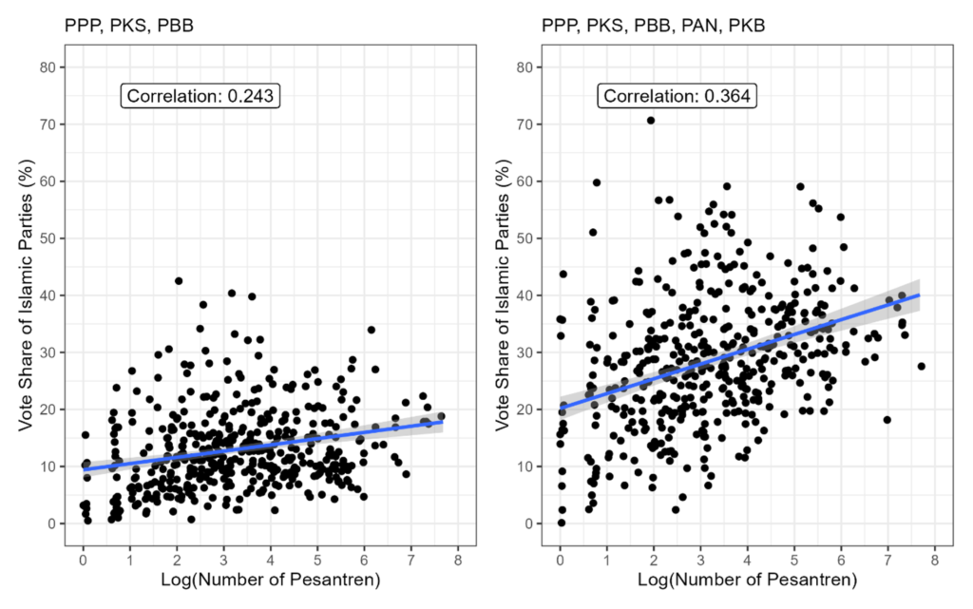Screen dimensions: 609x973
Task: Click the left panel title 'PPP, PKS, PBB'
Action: click(129, 26)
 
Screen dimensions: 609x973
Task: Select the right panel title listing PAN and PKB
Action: click(653, 26)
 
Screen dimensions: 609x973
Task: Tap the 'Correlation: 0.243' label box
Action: click(200, 95)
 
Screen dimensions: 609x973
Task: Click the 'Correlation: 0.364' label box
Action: click(677, 95)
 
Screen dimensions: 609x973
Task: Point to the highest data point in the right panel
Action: click(651, 121)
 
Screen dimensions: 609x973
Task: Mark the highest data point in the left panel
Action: click(178, 281)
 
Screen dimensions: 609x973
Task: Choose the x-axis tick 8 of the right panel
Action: click(935, 558)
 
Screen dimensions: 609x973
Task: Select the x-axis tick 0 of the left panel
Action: click(84, 558)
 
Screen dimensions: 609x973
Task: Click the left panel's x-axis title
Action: click(270, 579)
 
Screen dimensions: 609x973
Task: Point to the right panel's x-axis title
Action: click(747, 579)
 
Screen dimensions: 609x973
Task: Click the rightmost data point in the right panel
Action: click(921, 366)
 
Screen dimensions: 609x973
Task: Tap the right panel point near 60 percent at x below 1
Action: click(597, 182)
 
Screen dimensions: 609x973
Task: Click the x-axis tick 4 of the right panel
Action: click(748, 558)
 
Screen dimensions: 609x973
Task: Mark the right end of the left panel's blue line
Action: click(443, 422)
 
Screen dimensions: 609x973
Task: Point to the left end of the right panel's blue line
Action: click(561, 407)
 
